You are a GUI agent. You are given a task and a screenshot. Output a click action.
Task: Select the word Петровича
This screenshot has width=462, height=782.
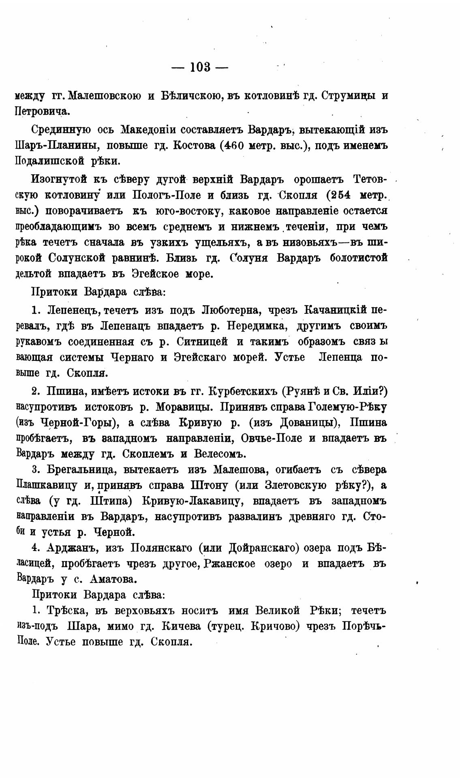(43, 111)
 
